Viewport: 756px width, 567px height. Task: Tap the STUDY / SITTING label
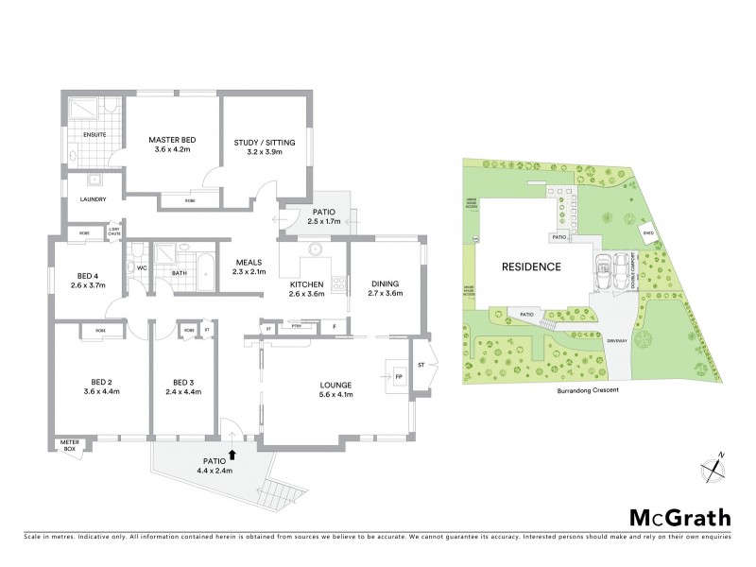[x=265, y=143]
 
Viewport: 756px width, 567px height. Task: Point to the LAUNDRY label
[x=93, y=199]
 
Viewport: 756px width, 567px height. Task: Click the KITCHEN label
[x=307, y=283]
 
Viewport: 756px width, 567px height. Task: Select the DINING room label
[x=386, y=283]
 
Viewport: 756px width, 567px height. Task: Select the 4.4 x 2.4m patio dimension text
[x=214, y=471]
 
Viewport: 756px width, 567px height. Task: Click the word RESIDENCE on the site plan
[x=533, y=266]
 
